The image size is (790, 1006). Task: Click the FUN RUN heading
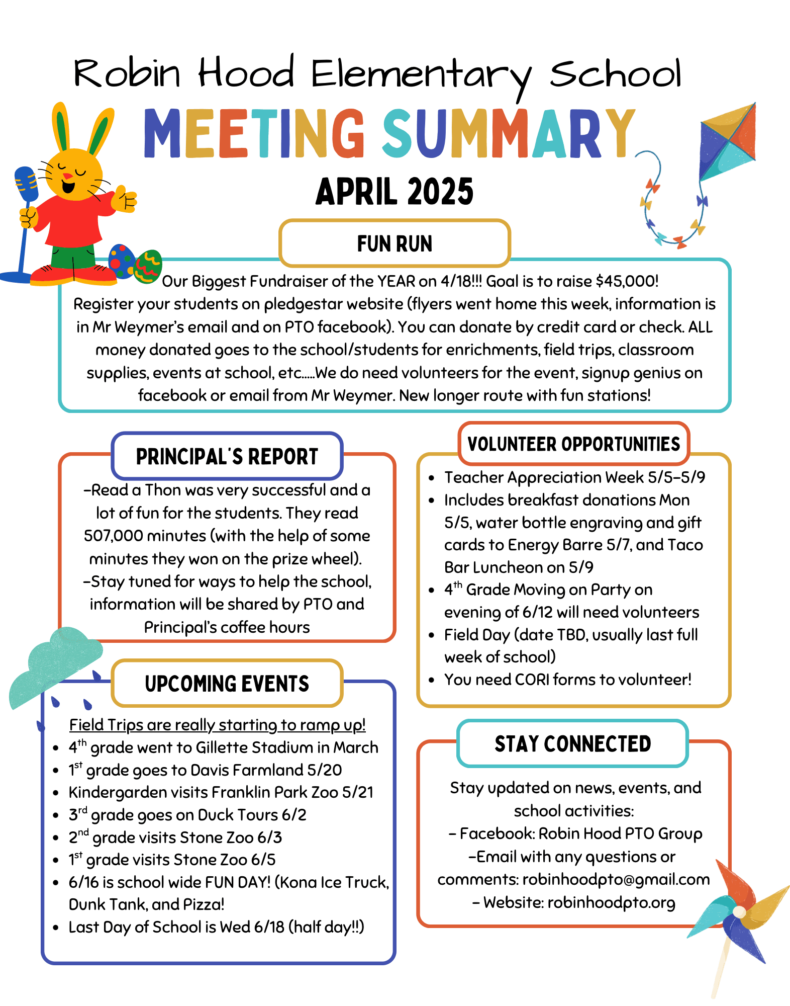[394, 244]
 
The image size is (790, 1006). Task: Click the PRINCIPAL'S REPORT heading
[227, 457]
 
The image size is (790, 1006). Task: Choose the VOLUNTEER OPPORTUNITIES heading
[573, 444]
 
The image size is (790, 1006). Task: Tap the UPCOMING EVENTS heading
[227, 684]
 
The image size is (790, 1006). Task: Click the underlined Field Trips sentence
[217, 725]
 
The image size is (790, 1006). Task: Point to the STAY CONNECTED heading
[573, 744]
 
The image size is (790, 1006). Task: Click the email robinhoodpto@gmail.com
[616, 880]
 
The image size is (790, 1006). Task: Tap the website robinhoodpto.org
[611, 903]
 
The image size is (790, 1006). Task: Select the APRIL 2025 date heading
[394, 192]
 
